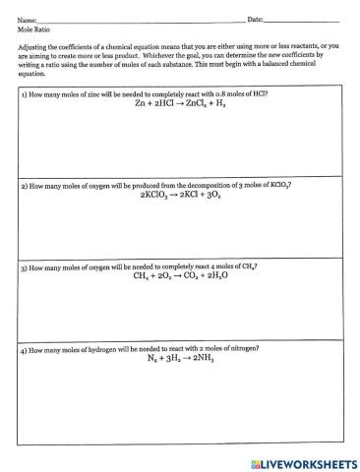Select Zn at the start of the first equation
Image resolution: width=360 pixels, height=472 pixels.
pyautogui.click(x=141, y=103)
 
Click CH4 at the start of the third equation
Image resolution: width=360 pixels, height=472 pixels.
pyautogui.click(x=142, y=277)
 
